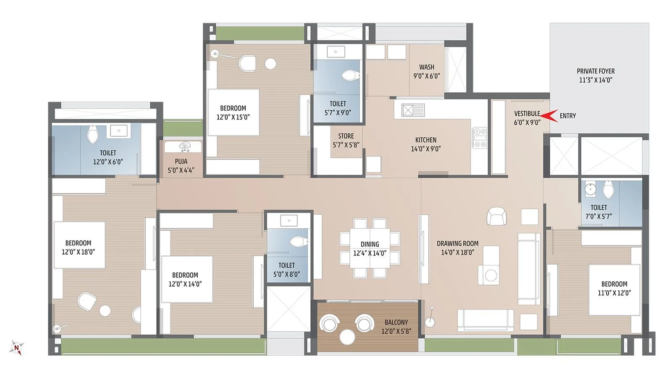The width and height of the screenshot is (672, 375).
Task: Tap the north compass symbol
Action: (x=16, y=348)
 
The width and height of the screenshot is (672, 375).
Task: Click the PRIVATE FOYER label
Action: (x=595, y=71)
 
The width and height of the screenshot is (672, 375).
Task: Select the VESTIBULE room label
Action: (x=527, y=114)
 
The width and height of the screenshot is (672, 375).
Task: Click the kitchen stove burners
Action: (x=479, y=138)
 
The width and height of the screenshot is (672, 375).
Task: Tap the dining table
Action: (x=370, y=248)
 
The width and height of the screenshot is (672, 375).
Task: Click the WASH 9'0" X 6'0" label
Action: (x=426, y=71)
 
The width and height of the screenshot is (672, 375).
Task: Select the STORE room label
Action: (x=346, y=136)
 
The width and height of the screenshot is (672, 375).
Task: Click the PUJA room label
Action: (x=181, y=161)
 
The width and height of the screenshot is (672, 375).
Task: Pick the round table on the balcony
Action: (x=347, y=337)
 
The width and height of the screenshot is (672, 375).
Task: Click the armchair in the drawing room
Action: (x=496, y=216)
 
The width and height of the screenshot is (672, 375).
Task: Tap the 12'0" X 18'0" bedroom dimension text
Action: (x=79, y=252)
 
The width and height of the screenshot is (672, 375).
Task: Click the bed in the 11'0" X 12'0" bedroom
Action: (x=614, y=289)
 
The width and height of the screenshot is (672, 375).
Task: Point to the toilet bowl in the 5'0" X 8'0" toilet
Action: (x=299, y=242)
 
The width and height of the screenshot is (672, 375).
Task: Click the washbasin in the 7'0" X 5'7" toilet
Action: (x=590, y=189)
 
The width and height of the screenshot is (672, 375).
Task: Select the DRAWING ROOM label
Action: (x=457, y=243)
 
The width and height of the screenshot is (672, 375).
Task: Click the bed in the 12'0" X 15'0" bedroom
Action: (x=234, y=112)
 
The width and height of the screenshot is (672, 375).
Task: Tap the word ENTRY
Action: (x=567, y=116)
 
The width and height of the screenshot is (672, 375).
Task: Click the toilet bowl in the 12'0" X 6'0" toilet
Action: (x=92, y=134)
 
